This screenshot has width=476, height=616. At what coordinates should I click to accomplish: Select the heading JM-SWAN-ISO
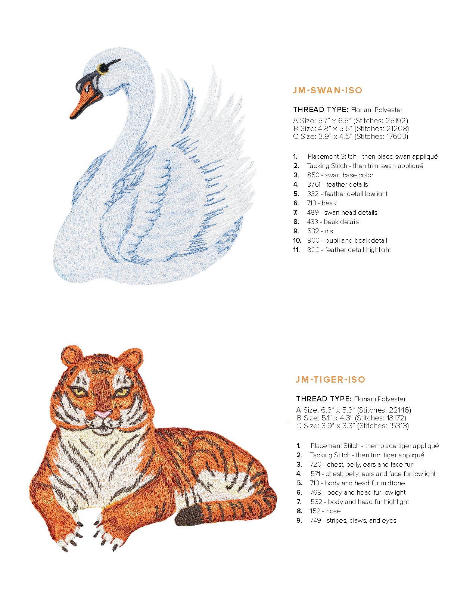coord(327,90)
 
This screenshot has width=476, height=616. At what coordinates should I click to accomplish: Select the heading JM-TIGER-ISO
coord(330,380)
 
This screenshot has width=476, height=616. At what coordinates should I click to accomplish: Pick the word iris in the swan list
coord(329,231)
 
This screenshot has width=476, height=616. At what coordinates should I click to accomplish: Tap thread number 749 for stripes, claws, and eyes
coord(315,520)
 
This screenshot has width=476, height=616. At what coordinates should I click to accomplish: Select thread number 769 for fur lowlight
coord(315,492)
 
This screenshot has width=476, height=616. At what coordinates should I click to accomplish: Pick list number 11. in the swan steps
coord(296,250)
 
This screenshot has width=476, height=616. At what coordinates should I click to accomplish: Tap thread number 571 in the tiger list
coord(316,474)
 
